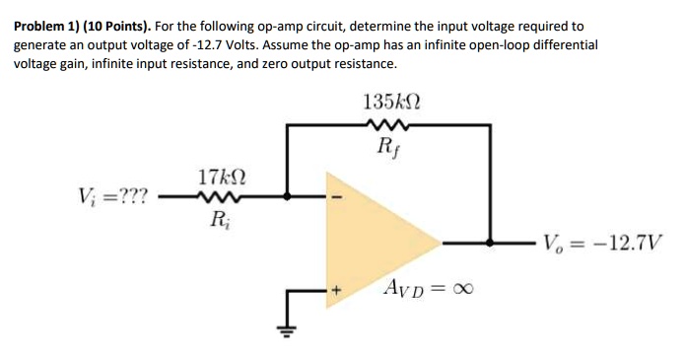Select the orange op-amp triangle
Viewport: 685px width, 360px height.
pyautogui.click(x=379, y=242)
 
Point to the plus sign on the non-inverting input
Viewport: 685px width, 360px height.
pyautogui.click(x=335, y=290)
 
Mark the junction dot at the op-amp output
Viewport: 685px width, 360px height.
pyautogui.click(x=490, y=241)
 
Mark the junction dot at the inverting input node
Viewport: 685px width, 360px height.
pyautogui.click(x=288, y=196)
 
